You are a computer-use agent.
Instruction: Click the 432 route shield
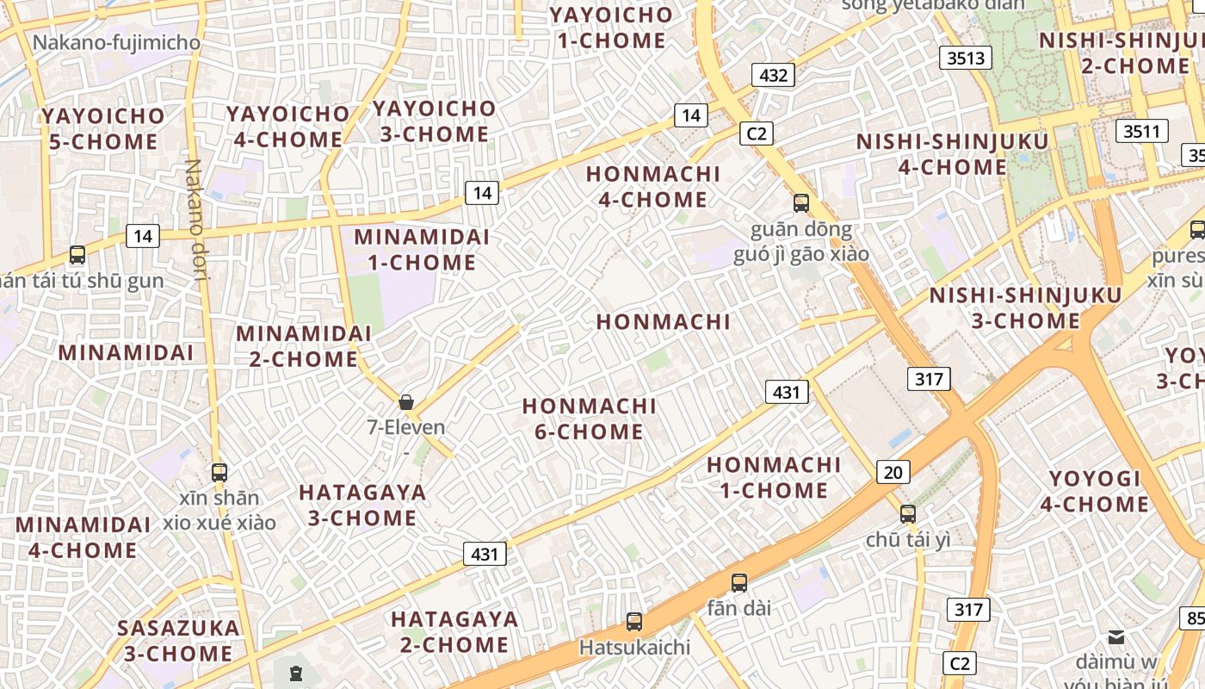[773, 75]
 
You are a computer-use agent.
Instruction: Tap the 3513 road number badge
[965, 58]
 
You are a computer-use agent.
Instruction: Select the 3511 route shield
[1142, 131]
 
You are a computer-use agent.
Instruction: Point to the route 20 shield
[893, 471]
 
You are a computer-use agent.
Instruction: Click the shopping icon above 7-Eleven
[406, 402]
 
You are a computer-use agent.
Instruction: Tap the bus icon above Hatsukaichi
[634, 621]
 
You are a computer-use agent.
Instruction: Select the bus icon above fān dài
[738, 582]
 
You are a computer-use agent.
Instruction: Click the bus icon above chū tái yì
[908, 514]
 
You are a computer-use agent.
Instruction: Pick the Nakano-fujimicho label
[116, 42]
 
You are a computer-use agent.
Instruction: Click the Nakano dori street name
[195, 197]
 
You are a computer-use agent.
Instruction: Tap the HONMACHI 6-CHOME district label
[589, 419]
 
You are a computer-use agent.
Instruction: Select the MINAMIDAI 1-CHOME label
[422, 250]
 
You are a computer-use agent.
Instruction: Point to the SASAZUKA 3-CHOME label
[178, 640]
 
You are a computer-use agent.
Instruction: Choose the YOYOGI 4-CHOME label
[1094, 491]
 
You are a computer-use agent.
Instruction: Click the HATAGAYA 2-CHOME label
[454, 631]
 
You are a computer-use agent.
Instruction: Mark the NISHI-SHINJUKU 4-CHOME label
[952, 154]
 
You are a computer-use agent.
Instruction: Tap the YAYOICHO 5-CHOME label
[102, 128]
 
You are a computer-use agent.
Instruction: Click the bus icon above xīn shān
[219, 472]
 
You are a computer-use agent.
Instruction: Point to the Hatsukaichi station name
[634, 647]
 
